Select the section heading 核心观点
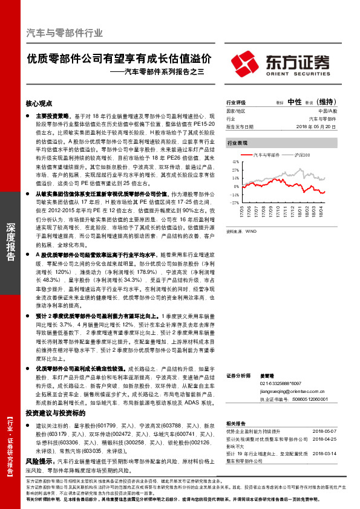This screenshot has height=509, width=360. click(x=39, y=103)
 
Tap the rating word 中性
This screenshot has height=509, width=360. click(x=295, y=102)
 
